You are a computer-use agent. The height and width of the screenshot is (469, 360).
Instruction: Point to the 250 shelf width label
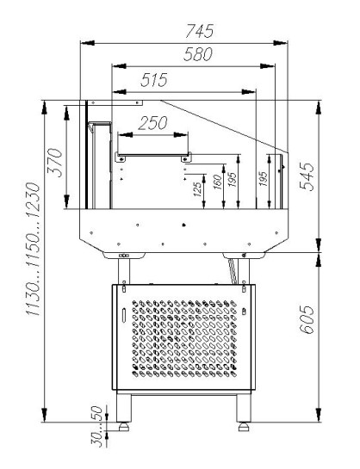(152, 123)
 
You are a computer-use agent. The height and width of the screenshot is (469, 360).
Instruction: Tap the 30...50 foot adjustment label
(98, 428)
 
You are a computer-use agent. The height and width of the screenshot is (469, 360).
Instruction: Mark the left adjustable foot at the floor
(126, 424)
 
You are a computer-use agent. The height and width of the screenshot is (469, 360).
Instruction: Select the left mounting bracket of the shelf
(121, 157)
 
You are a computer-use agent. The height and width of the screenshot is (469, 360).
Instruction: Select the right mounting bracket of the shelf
(183, 157)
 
